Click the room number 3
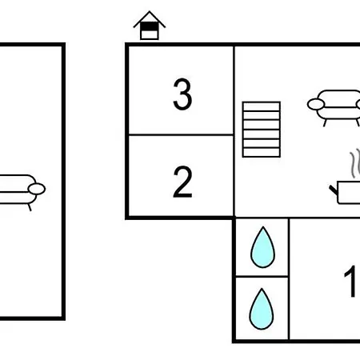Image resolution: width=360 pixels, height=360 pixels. (182, 94)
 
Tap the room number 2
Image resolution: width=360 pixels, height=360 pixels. (182, 182)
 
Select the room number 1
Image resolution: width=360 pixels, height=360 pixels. (352, 281)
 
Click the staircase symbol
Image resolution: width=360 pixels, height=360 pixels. (262, 130)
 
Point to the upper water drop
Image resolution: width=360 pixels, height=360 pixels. (262, 247)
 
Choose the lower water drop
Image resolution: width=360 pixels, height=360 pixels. (262, 309)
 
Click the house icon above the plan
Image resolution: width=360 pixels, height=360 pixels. (150, 26)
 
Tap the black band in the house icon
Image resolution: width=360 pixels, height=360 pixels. (150, 26)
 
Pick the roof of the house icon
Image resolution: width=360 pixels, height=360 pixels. (150, 19)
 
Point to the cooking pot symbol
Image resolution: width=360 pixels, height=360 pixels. (346, 193)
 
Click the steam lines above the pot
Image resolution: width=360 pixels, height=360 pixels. (355, 164)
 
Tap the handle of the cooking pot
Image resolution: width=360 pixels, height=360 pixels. (334, 190)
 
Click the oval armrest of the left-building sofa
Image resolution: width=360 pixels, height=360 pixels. (37, 189)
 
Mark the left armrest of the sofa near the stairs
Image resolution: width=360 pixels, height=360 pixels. (316, 104)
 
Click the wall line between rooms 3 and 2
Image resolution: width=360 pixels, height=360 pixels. (181, 135)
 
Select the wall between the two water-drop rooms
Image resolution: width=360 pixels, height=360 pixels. (262, 277)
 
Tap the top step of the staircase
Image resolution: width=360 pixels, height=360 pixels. (262, 106)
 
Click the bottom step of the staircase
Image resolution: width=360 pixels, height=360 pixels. (262, 153)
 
